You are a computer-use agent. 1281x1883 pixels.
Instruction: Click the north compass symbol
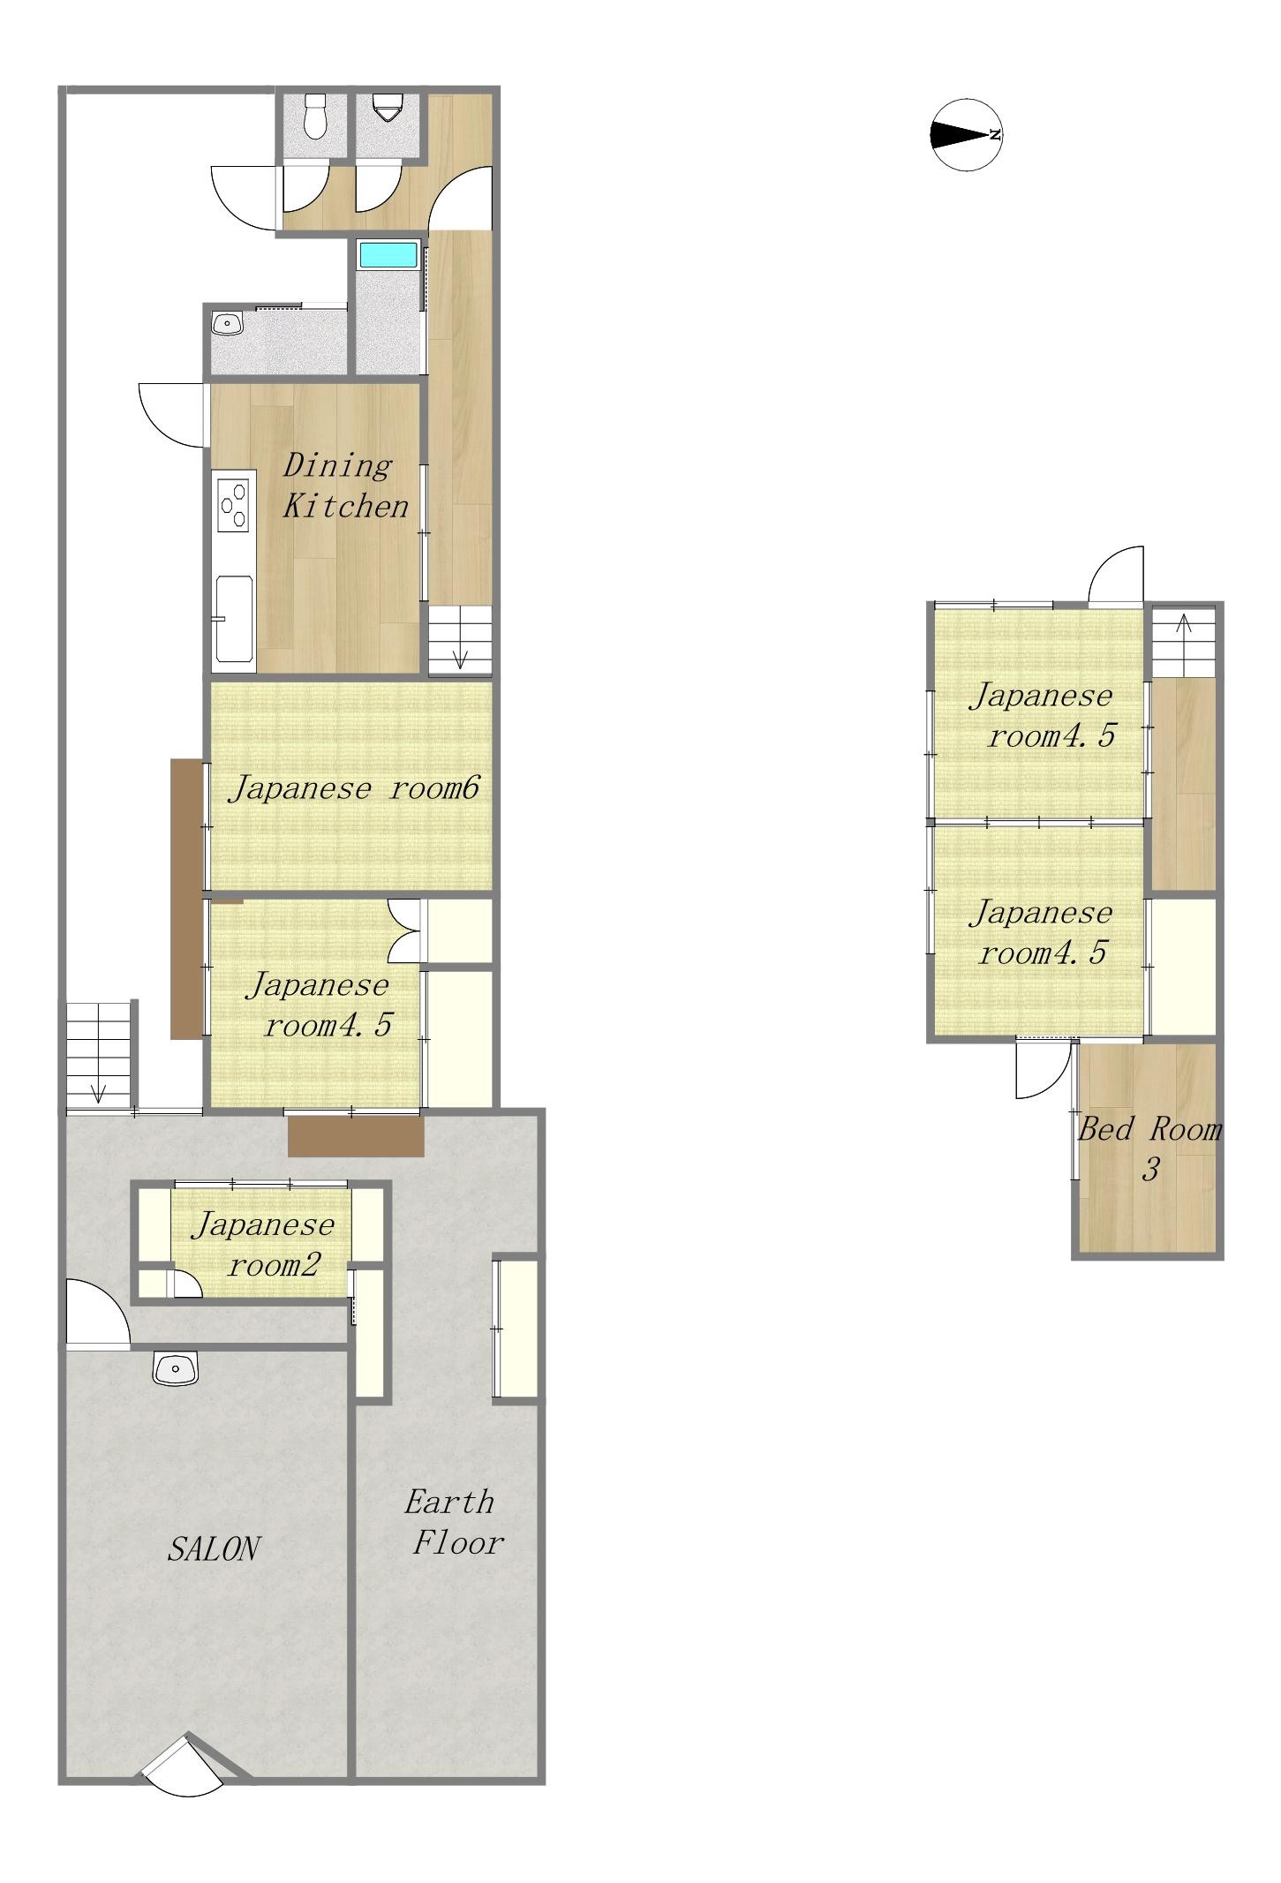point(967,135)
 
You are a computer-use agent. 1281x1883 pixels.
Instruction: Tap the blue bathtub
point(388,255)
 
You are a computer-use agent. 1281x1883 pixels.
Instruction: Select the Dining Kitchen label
point(344,486)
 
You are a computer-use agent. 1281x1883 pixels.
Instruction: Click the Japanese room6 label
point(354,787)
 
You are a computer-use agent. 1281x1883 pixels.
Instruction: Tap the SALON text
point(214,1549)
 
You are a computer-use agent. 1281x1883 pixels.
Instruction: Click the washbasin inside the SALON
point(177,1368)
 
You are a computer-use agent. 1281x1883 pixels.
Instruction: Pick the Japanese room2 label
point(264,1245)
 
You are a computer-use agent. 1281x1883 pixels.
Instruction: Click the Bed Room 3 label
point(1150,1149)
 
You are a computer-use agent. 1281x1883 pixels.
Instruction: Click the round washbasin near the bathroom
point(228,324)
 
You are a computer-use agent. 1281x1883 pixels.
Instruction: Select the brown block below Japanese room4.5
point(356,1136)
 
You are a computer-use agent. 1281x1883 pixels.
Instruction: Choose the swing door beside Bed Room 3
point(1044,1070)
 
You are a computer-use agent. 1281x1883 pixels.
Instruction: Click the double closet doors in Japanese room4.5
point(406,931)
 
